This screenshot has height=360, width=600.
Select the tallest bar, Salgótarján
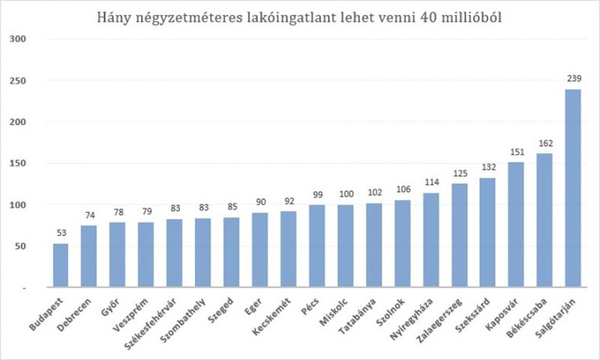(574, 188)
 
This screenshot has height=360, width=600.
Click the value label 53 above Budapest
(61, 232)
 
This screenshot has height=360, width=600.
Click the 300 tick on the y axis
(18, 38)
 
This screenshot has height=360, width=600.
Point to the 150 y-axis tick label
(18, 163)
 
